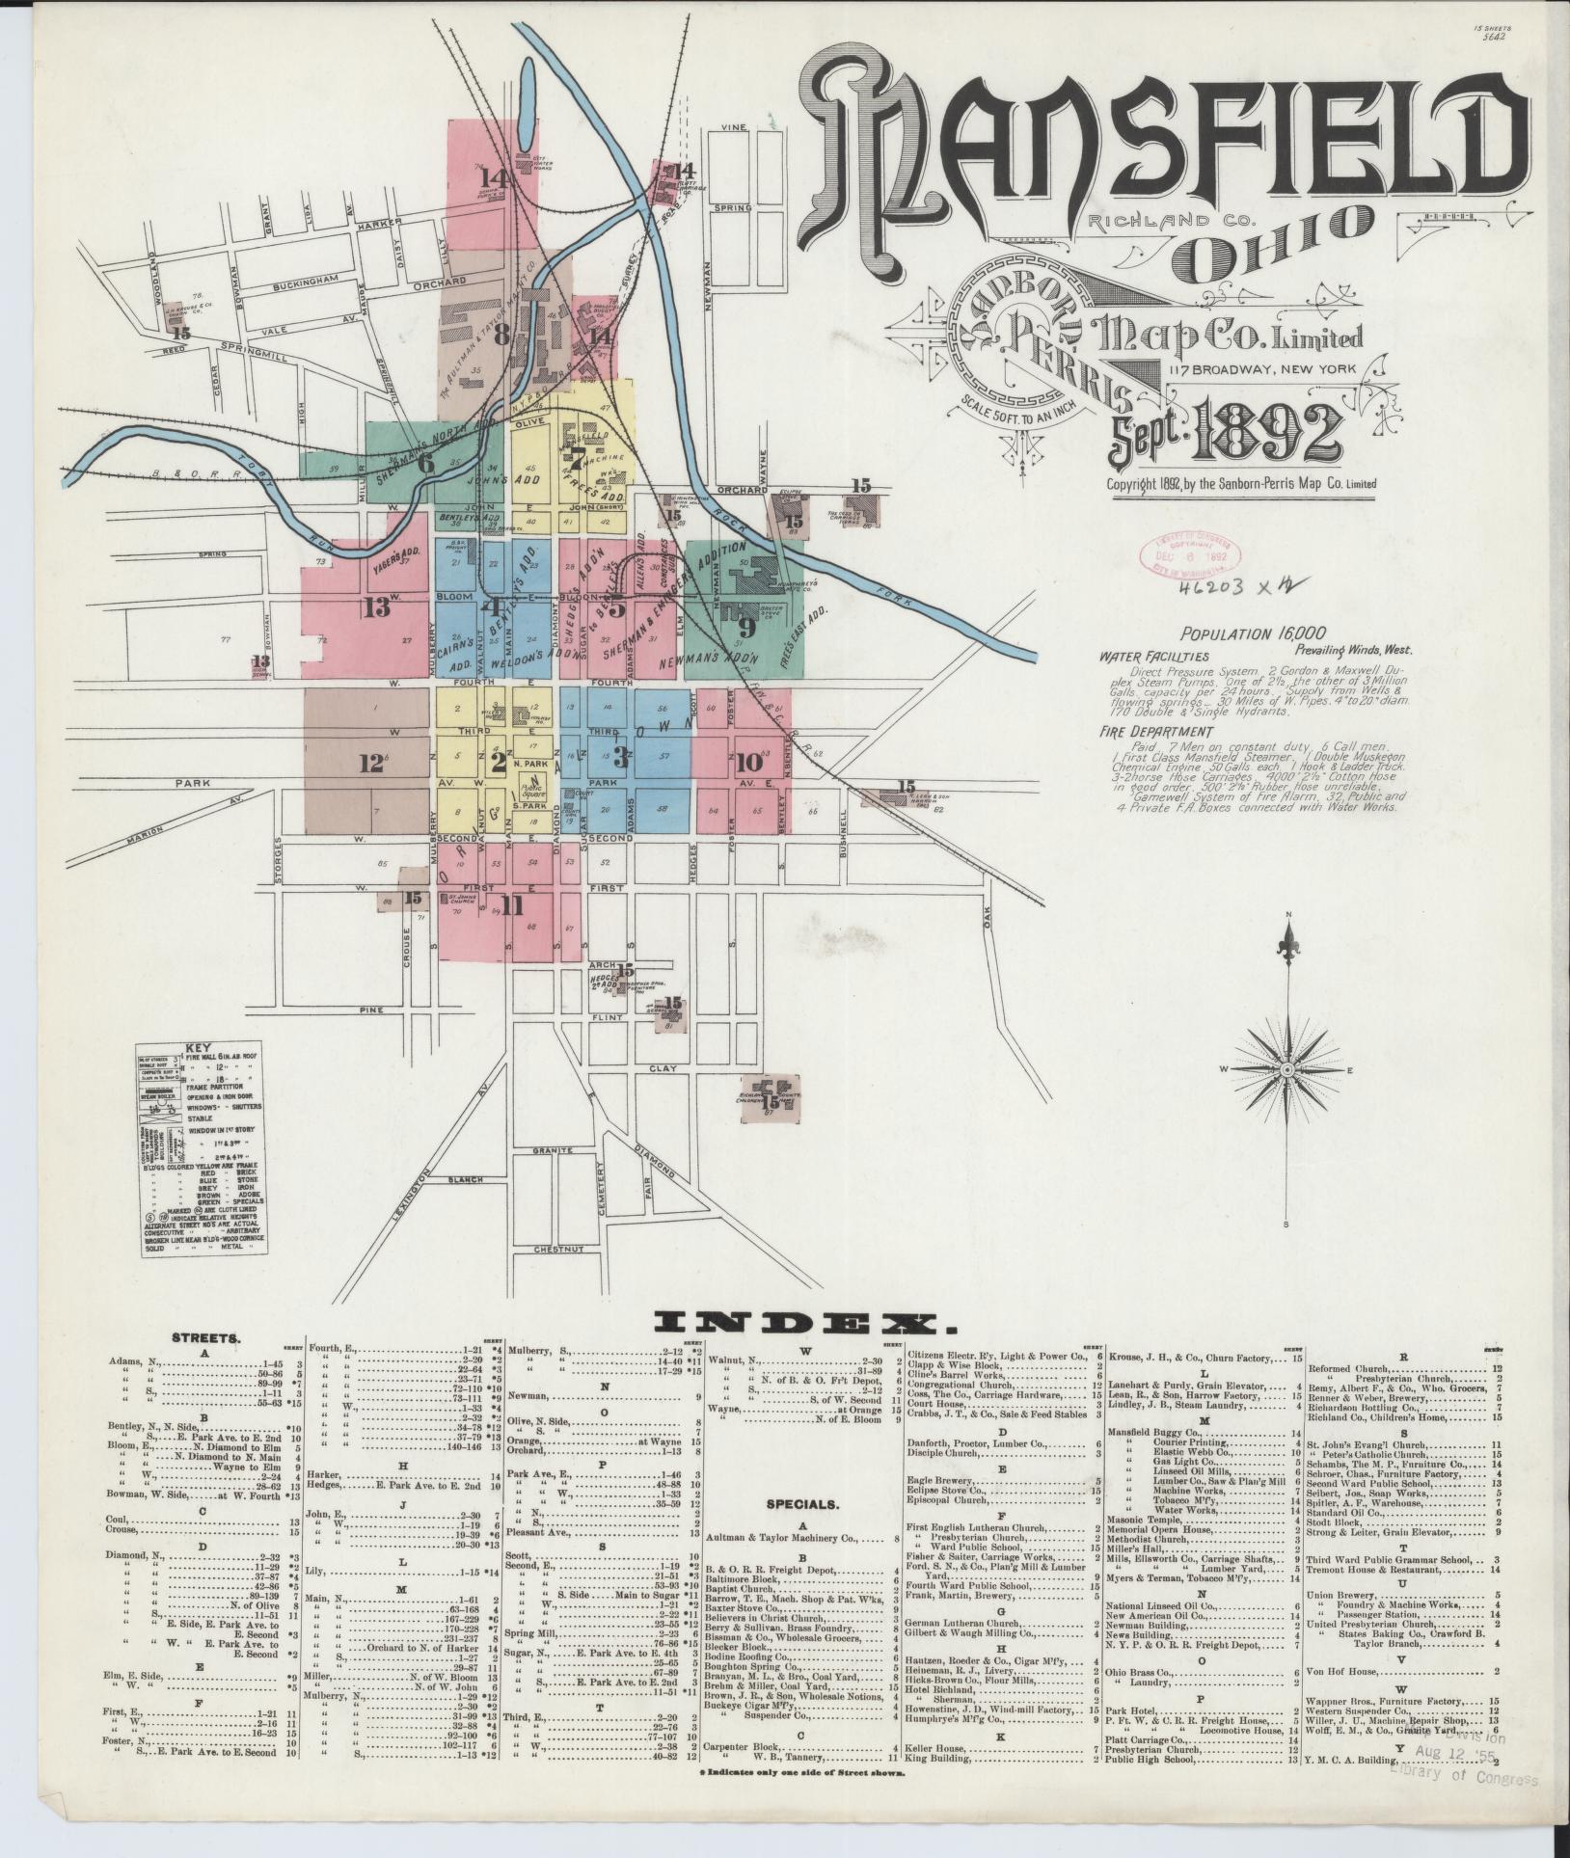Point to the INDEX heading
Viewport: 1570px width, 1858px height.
point(798,1323)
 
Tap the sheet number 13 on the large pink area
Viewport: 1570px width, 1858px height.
point(375,607)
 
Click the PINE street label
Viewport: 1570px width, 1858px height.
point(367,1009)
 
